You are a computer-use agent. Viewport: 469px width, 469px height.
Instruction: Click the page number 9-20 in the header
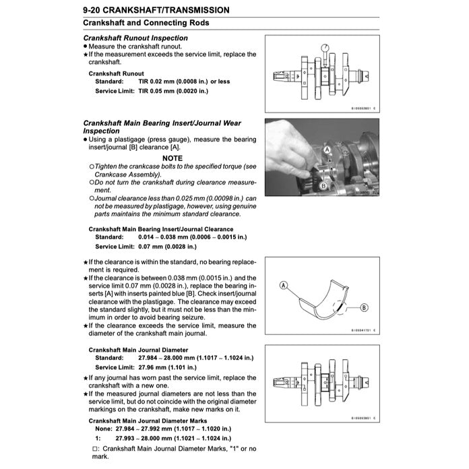96,10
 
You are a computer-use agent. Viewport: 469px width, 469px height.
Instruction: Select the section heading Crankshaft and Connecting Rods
146,23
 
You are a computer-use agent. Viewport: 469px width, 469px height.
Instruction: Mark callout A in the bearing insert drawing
284,286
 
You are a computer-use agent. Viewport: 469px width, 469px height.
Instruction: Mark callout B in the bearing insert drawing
365,307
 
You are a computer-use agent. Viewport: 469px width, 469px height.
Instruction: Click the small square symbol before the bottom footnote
93,448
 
